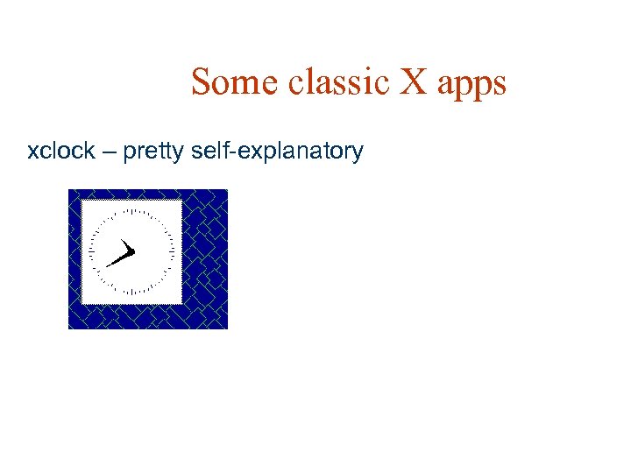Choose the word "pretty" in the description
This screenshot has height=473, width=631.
pyautogui.click(x=154, y=152)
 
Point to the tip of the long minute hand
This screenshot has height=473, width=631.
pyautogui.click(x=106, y=265)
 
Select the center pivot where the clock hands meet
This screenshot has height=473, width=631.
pyautogui.click(x=132, y=252)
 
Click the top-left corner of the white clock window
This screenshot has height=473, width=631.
pyautogui.click(x=82, y=201)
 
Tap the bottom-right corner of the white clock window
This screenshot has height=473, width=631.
pyautogui.click(x=181, y=304)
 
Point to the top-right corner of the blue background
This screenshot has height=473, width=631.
pyautogui.click(x=227, y=190)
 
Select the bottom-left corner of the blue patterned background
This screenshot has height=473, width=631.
pyautogui.click(x=69, y=328)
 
